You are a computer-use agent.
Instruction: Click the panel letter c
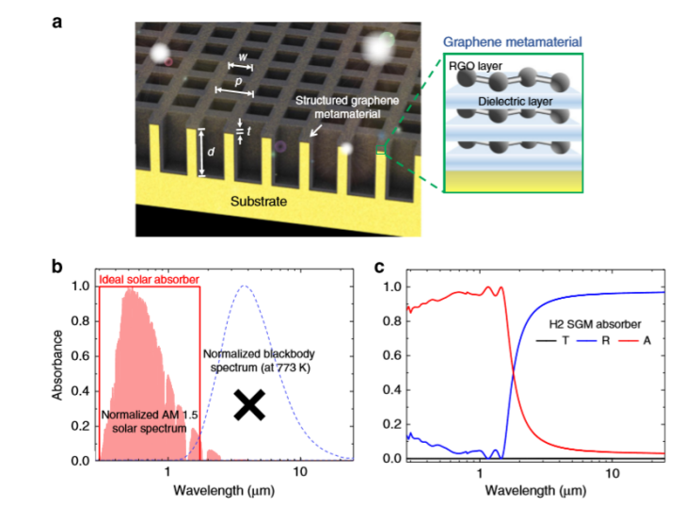tap(381, 267)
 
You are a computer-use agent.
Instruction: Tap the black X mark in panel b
tap(249, 404)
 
